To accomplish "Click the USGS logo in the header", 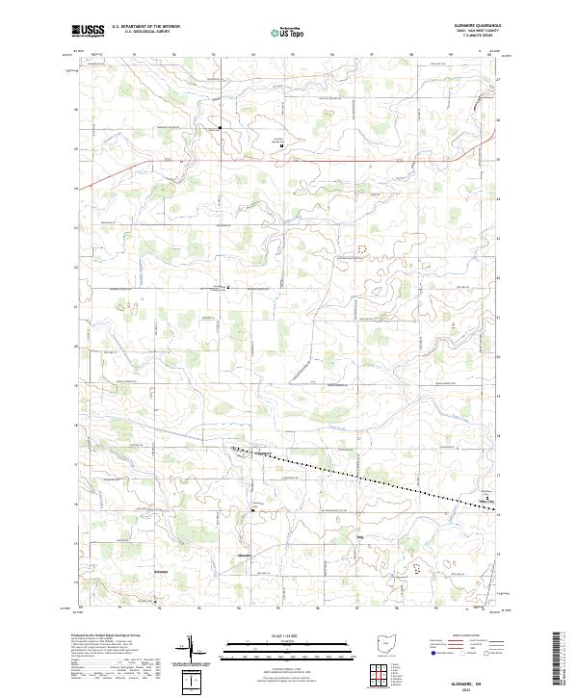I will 88,32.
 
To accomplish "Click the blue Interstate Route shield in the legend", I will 425,651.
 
